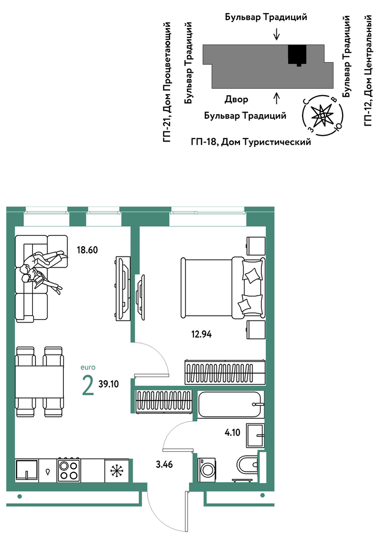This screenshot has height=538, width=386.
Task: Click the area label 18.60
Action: point(87,250)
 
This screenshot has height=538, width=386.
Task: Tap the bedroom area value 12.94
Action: point(201,334)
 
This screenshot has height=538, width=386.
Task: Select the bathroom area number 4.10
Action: point(232,432)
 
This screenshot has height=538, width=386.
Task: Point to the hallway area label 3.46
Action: point(164,465)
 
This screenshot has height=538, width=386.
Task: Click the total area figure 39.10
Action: point(108,384)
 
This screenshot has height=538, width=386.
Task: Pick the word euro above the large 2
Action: point(88,367)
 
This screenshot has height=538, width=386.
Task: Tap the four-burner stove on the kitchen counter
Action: point(69,470)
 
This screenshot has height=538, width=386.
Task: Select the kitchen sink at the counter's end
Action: point(26,470)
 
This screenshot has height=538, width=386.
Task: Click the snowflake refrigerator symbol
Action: point(117,470)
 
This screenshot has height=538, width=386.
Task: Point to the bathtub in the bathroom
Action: point(231,404)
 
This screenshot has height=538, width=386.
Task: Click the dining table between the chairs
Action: point(39,382)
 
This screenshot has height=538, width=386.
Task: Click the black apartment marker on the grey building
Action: point(297,55)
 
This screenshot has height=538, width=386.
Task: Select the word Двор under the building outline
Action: point(236,100)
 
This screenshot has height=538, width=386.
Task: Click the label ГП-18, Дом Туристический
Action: point(251,142)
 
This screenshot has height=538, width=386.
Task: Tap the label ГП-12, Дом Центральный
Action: point(368,70)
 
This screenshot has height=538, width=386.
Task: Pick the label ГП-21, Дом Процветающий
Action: point(168,82)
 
